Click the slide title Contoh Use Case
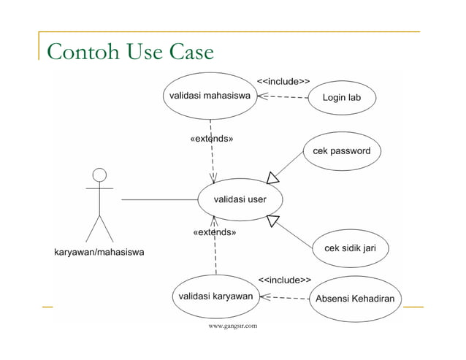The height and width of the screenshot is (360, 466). point(130,52)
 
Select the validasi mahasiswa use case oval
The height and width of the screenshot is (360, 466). point(210,96)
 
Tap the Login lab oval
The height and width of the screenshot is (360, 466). point(342,98)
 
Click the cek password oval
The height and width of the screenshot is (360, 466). point(341,151)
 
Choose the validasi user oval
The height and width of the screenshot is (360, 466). point(240,199)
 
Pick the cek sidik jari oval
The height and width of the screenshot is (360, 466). point(349,248)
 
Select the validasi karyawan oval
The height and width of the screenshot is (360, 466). point(216,296)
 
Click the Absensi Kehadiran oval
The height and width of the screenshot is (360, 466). point(354,299)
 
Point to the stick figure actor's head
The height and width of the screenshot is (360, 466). point(99,175)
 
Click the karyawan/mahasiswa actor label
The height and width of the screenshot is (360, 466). point(99,253)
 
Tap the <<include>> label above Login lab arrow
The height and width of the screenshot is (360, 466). point(283,81)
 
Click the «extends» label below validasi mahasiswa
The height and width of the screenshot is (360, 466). point(212,138)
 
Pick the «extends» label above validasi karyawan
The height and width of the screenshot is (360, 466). point(214,232)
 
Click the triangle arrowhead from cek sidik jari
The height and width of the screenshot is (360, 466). point(274,221)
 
